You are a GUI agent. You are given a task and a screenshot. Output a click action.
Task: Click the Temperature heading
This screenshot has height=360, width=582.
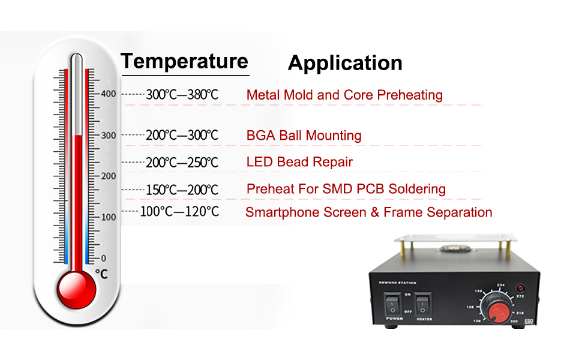(x=184, y=61)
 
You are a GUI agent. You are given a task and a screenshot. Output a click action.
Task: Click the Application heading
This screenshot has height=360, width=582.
(x=345, y=63)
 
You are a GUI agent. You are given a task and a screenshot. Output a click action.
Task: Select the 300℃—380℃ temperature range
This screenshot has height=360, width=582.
(x=182, y=95)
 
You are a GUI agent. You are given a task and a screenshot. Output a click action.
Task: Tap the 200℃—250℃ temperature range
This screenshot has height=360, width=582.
(x=182, y=163)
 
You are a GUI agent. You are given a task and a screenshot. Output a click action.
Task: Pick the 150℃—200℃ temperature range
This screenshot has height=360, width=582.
(x=182, y=190)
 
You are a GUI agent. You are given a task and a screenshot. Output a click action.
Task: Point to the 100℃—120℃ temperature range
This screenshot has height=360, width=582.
(x=179, y=212)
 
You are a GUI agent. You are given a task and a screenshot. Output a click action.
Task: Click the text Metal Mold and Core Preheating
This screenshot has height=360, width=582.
(x=344, y=95)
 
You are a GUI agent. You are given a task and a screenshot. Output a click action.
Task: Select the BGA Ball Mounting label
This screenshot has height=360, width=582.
(x=304, y=136)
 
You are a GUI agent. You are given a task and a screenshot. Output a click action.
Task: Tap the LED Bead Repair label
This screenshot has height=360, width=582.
(x=299, y=162)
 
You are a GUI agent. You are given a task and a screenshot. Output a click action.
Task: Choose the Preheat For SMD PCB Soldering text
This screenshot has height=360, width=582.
(x=346, y=190)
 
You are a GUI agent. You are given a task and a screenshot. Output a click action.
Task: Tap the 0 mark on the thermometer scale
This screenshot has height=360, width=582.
(x=103, y=258)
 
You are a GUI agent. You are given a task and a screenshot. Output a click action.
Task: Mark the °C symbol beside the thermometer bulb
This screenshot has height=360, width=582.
(x=102, y=274)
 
